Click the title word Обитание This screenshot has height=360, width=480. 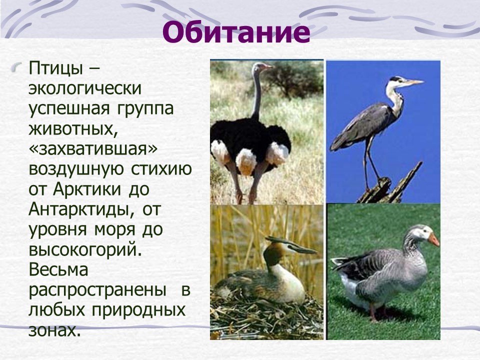[236, 32]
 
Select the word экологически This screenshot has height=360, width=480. [85, 89]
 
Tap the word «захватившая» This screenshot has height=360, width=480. [93, 149]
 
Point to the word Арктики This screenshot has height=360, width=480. [87, 189]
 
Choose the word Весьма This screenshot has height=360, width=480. [58, 269]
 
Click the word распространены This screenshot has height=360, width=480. [97, 290]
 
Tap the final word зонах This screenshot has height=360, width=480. [55, 330]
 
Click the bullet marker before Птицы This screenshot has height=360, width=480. [17, 67]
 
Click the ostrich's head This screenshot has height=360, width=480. [261, 66]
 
